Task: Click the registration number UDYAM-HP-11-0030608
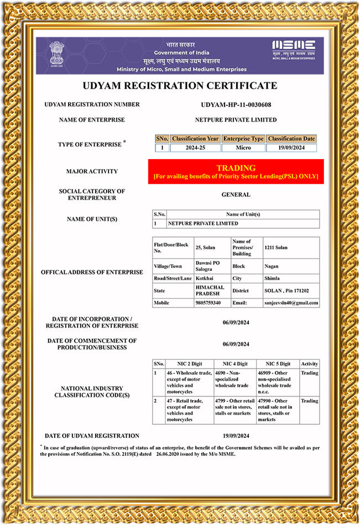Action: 236,104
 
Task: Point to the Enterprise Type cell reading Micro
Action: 243,148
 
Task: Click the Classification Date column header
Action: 291,139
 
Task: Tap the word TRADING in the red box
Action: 236,167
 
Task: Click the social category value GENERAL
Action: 236,195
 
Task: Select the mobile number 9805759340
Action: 208,303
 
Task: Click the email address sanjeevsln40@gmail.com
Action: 291,303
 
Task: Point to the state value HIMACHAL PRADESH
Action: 210,290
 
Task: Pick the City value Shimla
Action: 272,279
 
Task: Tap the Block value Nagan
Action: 272,266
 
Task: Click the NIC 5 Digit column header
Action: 278,364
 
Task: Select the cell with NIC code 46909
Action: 277,382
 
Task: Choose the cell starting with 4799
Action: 234,410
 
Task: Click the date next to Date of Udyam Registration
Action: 236,435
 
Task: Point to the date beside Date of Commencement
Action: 236,344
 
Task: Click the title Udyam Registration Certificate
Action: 180,86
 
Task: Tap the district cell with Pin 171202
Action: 286,290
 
